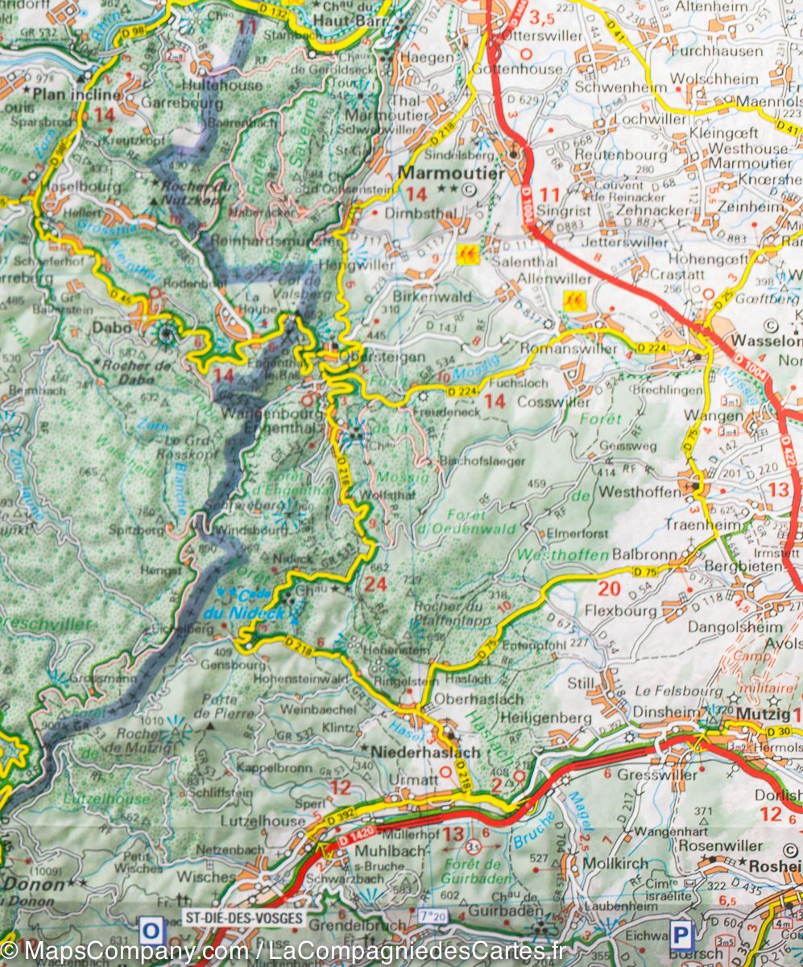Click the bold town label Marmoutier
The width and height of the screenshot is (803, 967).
(x=452, y=173)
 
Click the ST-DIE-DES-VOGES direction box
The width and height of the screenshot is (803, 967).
(x=244, y=918)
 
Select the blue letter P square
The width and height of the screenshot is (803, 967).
(x=681, y=935)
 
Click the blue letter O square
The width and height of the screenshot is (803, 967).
(x=150, y=932)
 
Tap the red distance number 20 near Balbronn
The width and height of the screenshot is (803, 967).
(x=609, y=589)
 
